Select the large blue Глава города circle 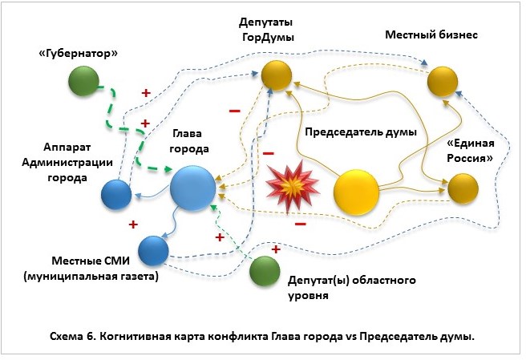click(x=192, y=188)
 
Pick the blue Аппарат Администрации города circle click(x=115, y=193)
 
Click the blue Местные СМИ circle click(x=152, y=250)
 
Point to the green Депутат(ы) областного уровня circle click(x=264, y=271)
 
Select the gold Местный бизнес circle click(x=442, y=80)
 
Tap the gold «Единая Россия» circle click(x=463, y=188)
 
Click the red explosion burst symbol click(x=288, y=184)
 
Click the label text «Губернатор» click(x=83, y=53)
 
